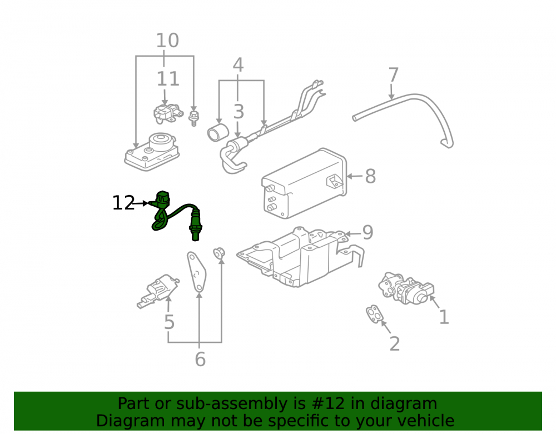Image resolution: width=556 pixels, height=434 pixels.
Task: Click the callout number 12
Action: coord(123,203)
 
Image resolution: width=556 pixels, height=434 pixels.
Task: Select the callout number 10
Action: coord(167,41)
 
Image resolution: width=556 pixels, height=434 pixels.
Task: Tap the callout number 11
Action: coord(168,79)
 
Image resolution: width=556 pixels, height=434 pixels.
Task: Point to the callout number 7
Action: coord(394,75)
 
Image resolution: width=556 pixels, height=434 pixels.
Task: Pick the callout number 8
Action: coord(370,176)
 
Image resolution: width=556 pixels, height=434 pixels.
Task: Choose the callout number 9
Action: coord(368,232)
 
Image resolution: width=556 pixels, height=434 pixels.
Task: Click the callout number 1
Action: coord(444,317)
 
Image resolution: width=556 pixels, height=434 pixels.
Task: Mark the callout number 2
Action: coord(395,343)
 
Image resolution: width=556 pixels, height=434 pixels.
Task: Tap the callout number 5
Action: coord(170,322)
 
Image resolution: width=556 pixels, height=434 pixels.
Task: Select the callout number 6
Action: coord(200,359)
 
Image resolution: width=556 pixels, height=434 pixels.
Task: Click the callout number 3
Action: coord(239,111)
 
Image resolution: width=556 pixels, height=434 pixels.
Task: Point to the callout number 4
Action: coord(239,65)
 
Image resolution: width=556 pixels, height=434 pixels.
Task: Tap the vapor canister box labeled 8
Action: coord(304,183)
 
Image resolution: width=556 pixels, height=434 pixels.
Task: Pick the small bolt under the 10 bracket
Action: coord(193,118)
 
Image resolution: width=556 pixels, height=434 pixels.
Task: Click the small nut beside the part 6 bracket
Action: coord(219,253)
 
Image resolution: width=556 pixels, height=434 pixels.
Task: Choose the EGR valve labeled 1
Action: coord(406,288)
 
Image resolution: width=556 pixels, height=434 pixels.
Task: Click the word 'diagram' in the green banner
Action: coord(404,404)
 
